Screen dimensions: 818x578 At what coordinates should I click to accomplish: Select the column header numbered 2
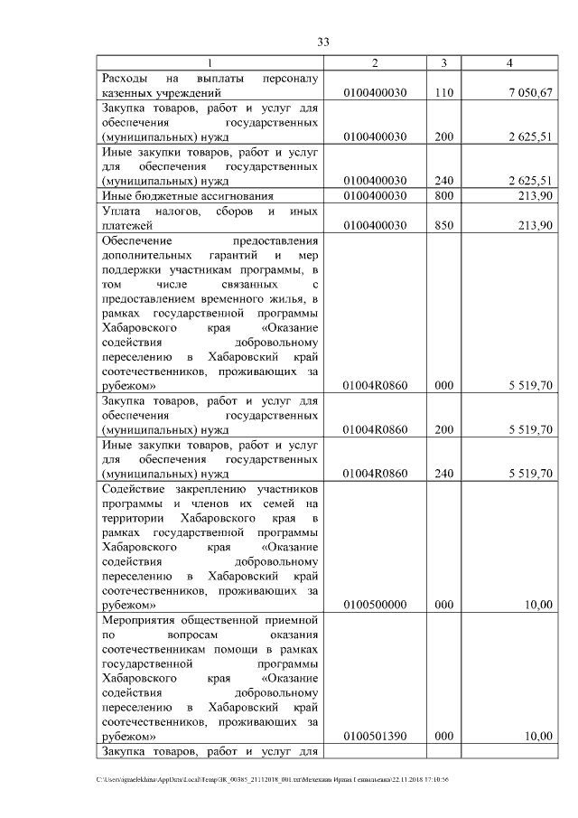pyautogui.click(x=375, y=62)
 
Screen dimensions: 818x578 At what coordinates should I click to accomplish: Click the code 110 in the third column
pyautogui.click(x=443, y=92)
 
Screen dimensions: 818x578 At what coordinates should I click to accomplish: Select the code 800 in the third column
pyautogui.click(x=443, y=195)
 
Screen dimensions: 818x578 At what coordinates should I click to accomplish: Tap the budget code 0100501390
pyautogui.click(x=375, y=738)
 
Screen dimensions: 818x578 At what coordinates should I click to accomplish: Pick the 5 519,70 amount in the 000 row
pyautogui.click(x=528, y=386)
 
